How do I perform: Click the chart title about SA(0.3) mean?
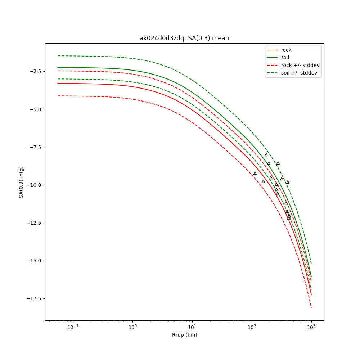click(184, 38)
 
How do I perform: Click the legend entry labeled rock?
click(286, 50)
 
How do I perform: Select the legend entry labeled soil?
click(285, 58)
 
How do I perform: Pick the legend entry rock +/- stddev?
click(300, 65)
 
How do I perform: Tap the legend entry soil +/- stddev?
click(300, 73)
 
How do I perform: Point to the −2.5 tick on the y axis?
click(35, 71)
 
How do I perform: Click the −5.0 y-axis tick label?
click(35, 109)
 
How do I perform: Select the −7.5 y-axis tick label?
click(35, 147)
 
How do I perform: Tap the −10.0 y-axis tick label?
click(34, 185)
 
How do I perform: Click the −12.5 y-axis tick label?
click(34, 223)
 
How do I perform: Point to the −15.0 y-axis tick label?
click(34, 261)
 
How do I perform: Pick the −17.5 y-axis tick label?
click(34, 298)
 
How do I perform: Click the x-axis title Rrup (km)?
click(184, 335)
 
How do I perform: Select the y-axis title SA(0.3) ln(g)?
click(21, 182)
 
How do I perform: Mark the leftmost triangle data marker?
click(255, 173)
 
